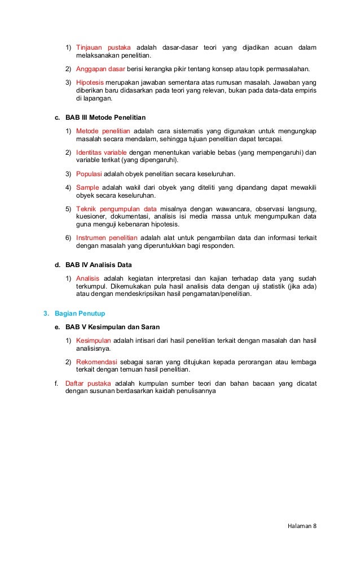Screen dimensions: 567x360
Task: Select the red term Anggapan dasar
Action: pos(100,69)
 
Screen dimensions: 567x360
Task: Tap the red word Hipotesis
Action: pos(90,82)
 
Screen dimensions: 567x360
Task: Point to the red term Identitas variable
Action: pos(102,152)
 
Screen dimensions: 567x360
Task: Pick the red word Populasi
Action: pos(89,173)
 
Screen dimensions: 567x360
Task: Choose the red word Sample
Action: pos(87,187)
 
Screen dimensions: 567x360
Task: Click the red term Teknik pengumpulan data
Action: pos(116,208)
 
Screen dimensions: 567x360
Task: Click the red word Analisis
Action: pos(87,278)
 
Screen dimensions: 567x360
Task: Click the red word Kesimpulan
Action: pos(93,341)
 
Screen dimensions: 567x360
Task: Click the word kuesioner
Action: pos(92,216)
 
